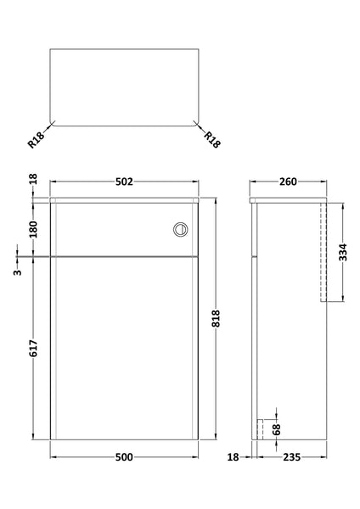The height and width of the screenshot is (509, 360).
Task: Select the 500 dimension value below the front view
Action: pos(124,457)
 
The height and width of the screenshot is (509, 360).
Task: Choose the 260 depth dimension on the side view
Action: pos(288,182)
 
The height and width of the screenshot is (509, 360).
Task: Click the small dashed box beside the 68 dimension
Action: pos(266,429)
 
